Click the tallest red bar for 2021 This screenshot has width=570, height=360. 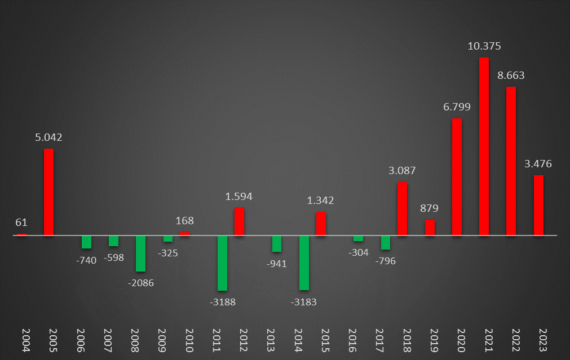click(x=484, y=146)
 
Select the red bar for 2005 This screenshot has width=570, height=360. click(x=49, y=192)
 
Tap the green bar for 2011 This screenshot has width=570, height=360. click(x=223, y=263)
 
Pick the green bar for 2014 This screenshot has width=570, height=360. click(x=304, y=263)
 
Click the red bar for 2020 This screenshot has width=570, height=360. click(x=457, y=177)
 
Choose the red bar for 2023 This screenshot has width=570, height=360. click(x=538, y=205)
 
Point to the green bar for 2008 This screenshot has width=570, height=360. click(x=141, y=254)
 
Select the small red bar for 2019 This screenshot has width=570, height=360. click(x=430, y=228)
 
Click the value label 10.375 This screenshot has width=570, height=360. click(x=484, y=46)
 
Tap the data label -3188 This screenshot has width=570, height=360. click(x=223, y=302)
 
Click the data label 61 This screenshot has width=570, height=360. click(x=21, y=223)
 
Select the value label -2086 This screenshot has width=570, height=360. click(x=141, y=283)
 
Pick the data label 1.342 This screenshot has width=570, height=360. click(x=320, y=201)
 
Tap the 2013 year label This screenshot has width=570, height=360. click(x=271, y=341)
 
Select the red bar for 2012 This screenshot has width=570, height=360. click(x=239, y=221)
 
